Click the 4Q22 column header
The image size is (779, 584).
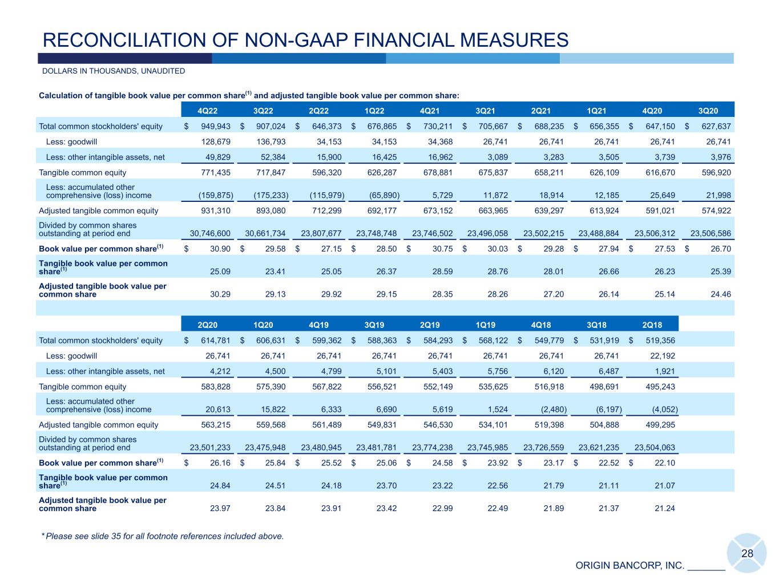click(x=206, y=111)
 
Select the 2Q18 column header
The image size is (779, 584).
click(x=652, y=325)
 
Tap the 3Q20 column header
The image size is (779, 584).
click(x=708, y=111)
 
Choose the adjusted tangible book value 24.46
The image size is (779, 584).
click(x=721, y=294)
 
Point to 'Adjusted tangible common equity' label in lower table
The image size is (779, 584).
click(x=98, y=425)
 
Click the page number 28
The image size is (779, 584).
click(x=747, y=553)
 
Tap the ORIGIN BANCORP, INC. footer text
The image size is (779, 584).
click(x=629, y=566)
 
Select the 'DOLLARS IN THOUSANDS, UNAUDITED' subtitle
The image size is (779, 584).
click(x=114, y=71)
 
